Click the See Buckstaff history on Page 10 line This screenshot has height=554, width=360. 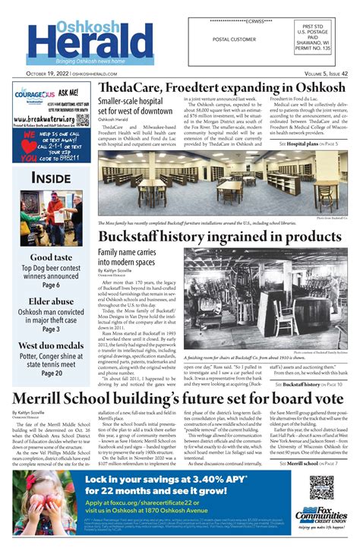[311, 385]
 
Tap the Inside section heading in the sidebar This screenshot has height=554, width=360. [51, 178]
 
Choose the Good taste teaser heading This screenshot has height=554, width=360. [51, 258]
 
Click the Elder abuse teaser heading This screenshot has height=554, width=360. [51, 301]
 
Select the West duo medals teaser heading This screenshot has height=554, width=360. [51, 345]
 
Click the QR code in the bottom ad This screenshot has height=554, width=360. [321, 487]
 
